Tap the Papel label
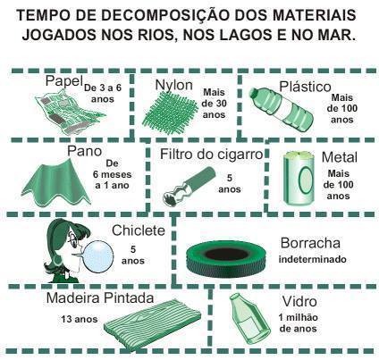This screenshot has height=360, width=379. [x=63, y=80]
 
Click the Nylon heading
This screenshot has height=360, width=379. [x=174, y=85]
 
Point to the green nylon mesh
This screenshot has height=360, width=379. [x=169, y=109]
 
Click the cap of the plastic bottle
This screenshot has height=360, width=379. [x=253, y=93]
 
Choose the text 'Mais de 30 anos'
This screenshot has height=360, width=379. [x=214, y=104]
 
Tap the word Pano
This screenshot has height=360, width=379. [x=84, y=151]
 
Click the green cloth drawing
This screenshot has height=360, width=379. [x=55, y=182]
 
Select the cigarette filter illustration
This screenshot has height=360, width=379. [x=189, y=185]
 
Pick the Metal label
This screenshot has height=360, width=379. [x=340, y=157]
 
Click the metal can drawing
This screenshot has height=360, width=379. [x=299, y=179]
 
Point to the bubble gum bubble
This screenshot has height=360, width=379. [x=99, y=255]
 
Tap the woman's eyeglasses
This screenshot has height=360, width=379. [x=72, y=239]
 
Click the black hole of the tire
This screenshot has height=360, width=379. [x=227, y=255]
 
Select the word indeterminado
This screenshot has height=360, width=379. [x=313, y=259]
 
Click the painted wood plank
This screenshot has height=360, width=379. [x=153, y=323]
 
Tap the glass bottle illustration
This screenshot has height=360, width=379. [x=249, y=319]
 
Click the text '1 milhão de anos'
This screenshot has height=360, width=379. [x=298, y=323]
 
